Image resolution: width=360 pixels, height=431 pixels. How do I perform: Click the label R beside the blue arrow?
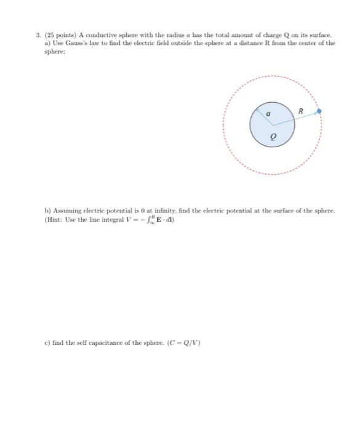point(300,111)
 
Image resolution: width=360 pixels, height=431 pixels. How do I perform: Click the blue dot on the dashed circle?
point(319,111)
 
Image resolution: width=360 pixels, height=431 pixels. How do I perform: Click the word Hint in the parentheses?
point(47,219)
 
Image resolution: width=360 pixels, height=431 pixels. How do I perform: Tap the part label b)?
point(38,210)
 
